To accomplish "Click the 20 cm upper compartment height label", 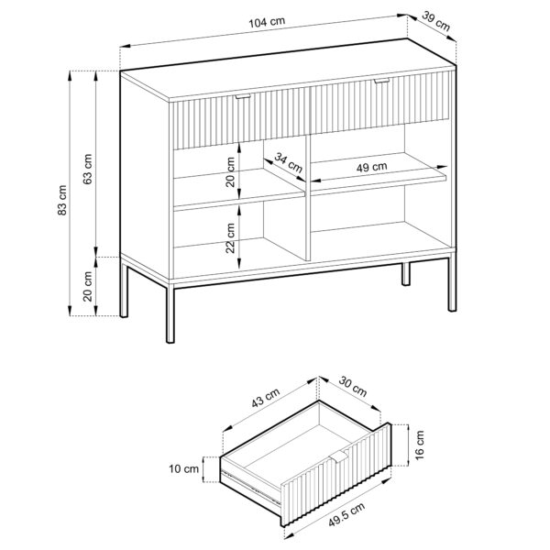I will click(x=232, y=172).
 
